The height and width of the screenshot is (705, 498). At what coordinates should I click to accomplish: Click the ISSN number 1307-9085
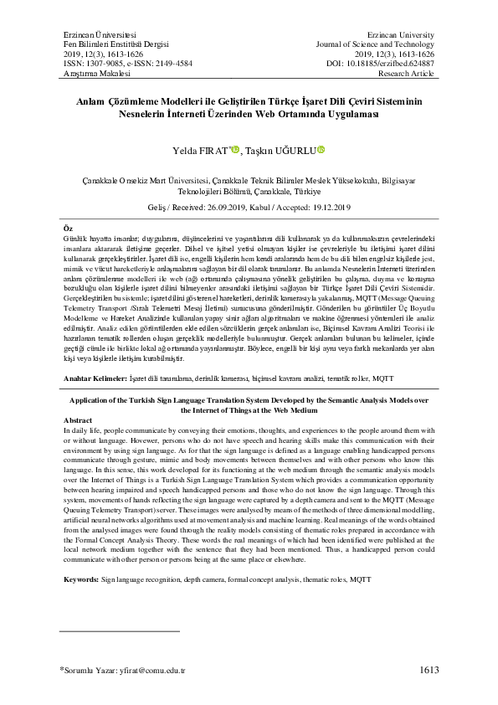pyautogui.click(x=100, y=61)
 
